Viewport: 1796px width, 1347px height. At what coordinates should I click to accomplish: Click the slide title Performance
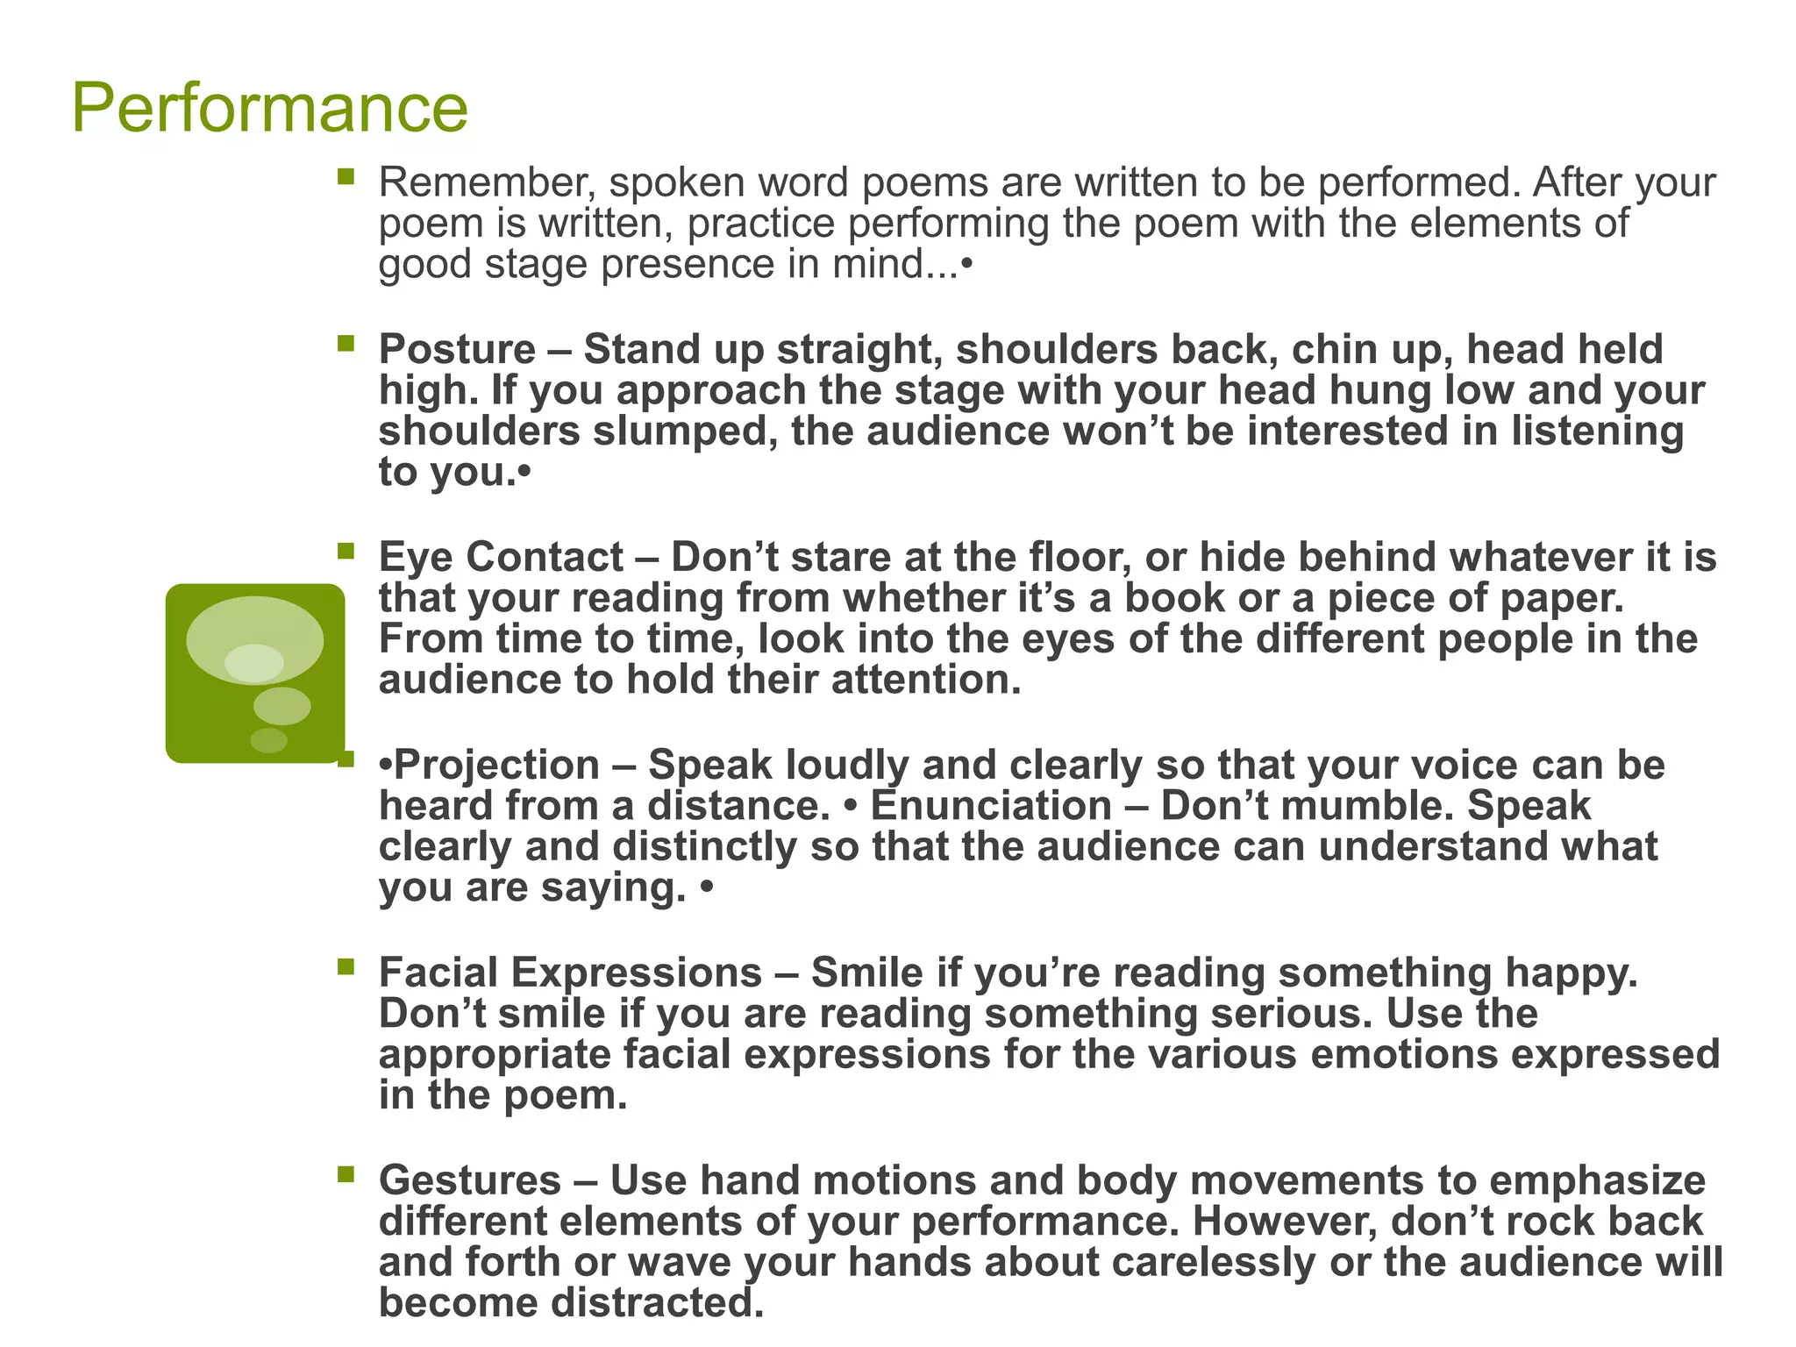tap(269, 108)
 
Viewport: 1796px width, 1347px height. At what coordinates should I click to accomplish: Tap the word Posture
tap(457, 350)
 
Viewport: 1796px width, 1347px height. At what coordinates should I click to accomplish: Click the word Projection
tap(496, 765)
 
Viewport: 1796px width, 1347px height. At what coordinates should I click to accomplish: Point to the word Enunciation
tap(991, 806)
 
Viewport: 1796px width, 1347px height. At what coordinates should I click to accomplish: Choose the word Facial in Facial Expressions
tap(438, 973)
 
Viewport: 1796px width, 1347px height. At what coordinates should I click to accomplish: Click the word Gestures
tap(470, 1180)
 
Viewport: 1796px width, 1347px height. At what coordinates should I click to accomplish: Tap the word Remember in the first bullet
tap(488, 183)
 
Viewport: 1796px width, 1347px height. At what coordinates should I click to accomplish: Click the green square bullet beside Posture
tap(346, 343)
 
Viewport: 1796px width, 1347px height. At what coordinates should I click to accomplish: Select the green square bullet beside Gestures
tap(346, 1173)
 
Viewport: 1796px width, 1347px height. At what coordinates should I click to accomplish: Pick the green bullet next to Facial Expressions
tap(346, 966)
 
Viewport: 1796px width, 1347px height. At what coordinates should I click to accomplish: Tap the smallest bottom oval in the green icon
tap(268, 741)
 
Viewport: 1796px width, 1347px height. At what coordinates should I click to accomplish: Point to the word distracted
tap(657, 1303)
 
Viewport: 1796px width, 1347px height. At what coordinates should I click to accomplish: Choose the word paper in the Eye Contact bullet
tap(1562, 599)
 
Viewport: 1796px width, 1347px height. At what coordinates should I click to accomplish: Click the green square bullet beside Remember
tap(346, 177)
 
